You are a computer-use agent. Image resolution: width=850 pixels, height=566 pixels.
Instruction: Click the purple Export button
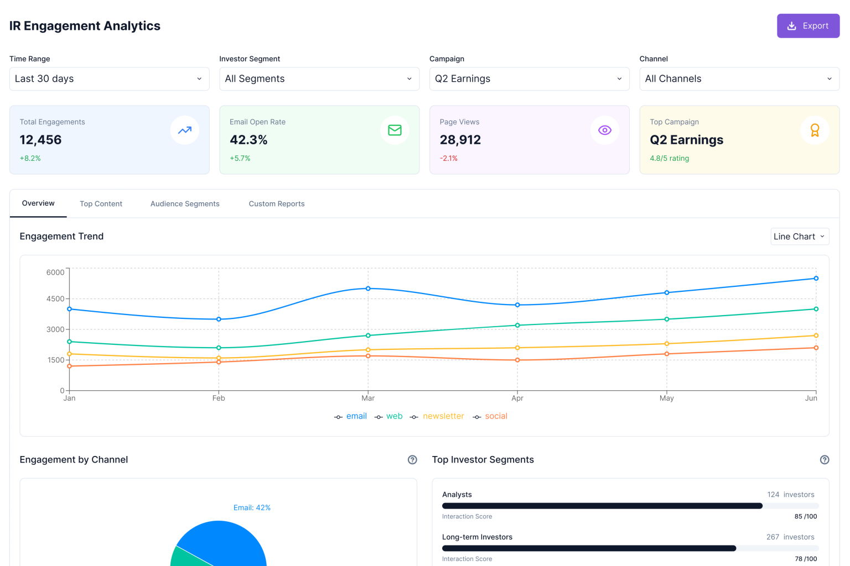click(x=808, y=26)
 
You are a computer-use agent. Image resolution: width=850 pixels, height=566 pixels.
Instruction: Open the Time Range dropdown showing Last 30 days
click(x=109, y=79)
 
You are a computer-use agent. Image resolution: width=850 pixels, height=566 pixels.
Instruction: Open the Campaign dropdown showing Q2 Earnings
click(x=529, y=79)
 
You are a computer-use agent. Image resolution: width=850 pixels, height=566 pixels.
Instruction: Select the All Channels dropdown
click(x=739, y=79)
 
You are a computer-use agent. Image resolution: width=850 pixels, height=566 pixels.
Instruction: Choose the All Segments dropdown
click(x=319, y=79)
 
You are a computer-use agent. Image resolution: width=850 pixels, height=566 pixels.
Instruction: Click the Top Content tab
click(x=101, y=204)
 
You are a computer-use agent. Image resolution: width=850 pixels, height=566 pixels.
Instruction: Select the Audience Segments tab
click(x=185, y=204)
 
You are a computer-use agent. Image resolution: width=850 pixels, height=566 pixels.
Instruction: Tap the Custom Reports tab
click(x=277, y=204)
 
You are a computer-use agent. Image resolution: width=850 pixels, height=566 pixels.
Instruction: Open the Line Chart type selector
click(x=799, y=237)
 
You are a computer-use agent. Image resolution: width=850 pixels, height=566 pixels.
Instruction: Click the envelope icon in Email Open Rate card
click(x=395, y=130)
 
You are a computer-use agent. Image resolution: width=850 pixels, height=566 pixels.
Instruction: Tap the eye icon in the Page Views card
click(x=604, y=130)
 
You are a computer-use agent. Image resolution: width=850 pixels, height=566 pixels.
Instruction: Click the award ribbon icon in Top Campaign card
click(x=815, y=130)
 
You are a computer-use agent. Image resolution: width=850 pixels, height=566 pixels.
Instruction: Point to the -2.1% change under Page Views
click(x=449, y=159)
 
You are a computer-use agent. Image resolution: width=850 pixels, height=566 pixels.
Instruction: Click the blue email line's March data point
click(x=368, y=289)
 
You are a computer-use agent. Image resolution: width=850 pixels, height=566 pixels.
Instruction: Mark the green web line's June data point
click(x=816, y=309)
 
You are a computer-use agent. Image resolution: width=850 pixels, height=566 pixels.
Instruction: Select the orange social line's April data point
click(x=517, y=360)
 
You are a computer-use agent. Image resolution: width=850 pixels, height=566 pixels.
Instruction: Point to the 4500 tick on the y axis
click(x=55, y=299)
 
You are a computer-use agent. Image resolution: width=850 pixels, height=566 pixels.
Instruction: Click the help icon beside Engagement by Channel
click(x=412, y=460)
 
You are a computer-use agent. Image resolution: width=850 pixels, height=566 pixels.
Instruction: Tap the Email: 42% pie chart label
click(x=252, y=508)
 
